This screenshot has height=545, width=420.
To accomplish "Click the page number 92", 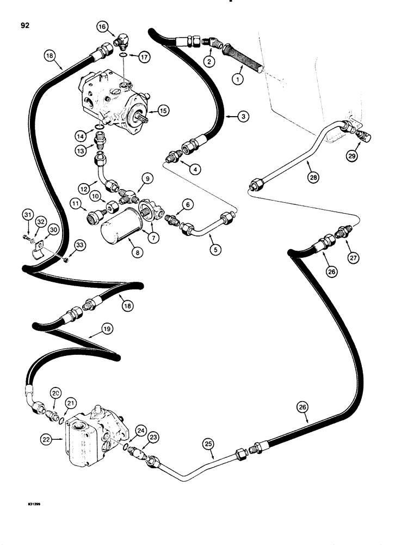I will tap(24, 25).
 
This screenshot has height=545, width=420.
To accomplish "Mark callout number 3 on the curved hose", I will tap(229, 116).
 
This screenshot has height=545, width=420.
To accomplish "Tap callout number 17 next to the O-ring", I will tap(144, 56).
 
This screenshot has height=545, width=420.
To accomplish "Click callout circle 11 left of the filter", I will tap(73, 205).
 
